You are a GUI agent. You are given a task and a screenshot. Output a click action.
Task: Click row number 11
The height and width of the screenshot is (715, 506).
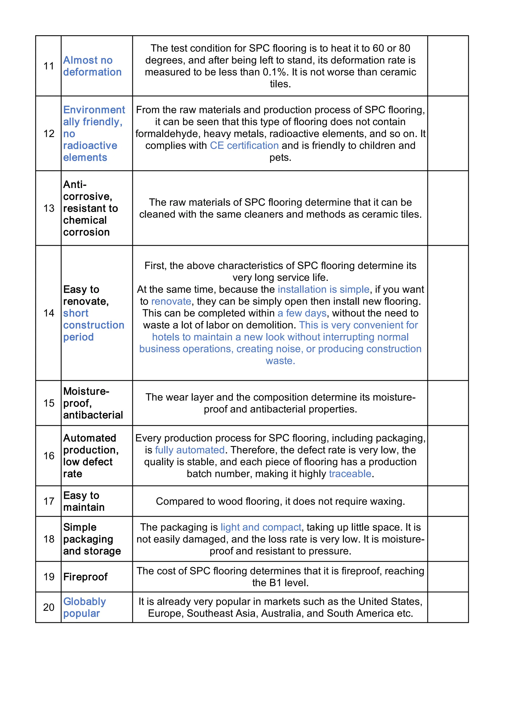pyautogui.click(x=49, y=66)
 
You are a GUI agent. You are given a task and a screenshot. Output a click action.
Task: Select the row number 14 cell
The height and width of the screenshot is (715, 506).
pyautogui.click(x=49, y=313)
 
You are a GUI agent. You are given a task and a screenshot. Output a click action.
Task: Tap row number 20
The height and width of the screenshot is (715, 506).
pyautogui.click(x=49, y=607)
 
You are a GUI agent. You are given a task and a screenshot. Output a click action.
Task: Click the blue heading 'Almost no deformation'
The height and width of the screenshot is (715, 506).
pyautogui.click(x=92, y=66)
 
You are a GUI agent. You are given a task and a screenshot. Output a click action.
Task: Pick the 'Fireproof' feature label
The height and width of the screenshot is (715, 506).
pyautogui.click(x=85, y=577)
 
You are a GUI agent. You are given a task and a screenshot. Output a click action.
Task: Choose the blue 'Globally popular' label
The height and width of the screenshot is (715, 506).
pyautogui.click(x=84, y=607)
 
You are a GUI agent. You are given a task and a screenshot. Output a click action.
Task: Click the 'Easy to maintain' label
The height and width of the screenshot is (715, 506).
pyautogui.click(x=84, y=501)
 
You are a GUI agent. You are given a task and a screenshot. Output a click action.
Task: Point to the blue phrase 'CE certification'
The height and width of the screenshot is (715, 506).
pyautogui.click(x=244, y=145)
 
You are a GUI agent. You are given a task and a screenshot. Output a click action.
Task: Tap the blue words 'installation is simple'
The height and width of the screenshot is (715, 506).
pyautogui.click(x=323, y=289)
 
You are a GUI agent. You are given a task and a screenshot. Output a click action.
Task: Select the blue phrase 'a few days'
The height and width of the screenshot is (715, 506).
pyautogui.click(x=302, y=313)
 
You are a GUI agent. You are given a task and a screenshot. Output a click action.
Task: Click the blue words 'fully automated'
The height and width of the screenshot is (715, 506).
pyautogui.click(x=190, y=450)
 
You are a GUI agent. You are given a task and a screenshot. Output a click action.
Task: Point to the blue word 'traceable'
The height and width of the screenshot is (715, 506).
pyautogui.click(x=350, y=474)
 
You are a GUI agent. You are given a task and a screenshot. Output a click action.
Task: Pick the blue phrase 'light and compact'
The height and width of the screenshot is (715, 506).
pyautogui.click(x=261, y=527)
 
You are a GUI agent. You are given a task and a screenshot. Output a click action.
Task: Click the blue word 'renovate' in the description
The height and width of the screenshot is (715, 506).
pyautogui.click(x=171, y=301)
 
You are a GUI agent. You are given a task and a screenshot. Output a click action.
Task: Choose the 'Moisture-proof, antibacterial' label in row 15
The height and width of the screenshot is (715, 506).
pyautogui.click(x=93, y=403)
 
